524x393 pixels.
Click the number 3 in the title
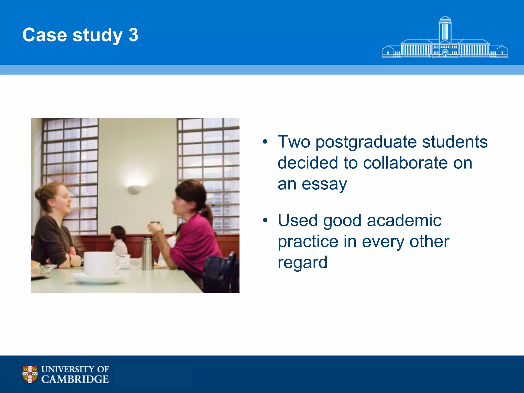[133, 35]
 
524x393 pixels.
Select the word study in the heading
[97, 35]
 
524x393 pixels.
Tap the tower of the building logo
[445, 29]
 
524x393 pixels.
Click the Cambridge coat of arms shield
[30, 374]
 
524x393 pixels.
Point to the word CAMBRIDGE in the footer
[75, 379]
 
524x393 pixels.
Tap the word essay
[324, 184]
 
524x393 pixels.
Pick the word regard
[302, 263]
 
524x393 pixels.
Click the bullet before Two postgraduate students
[265, 142]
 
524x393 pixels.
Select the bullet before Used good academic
[265, 220]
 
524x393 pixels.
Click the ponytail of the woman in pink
[208, 214]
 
